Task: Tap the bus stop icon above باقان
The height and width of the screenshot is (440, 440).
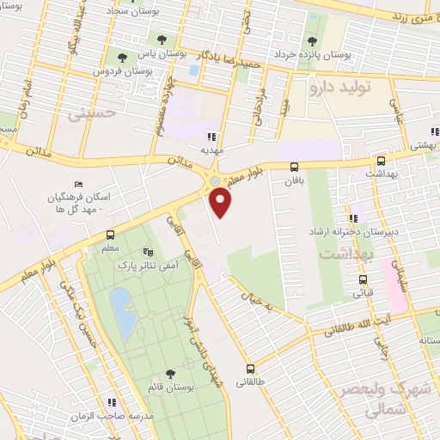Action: click(x=295, y=168)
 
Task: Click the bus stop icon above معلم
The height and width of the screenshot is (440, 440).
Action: click(x=109, y=235)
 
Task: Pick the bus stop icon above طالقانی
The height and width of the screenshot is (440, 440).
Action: click(x=250, y=364)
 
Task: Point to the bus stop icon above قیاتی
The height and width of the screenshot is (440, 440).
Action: click(x=363, y=279)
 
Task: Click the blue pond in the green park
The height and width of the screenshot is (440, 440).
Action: click(x=123, y=313)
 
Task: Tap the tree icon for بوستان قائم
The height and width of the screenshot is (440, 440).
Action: click(x=168, y=373)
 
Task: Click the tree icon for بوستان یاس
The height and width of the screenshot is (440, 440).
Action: click(x=161, y=39)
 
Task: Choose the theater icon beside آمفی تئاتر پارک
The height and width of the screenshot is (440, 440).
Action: click(x=148, y=253)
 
